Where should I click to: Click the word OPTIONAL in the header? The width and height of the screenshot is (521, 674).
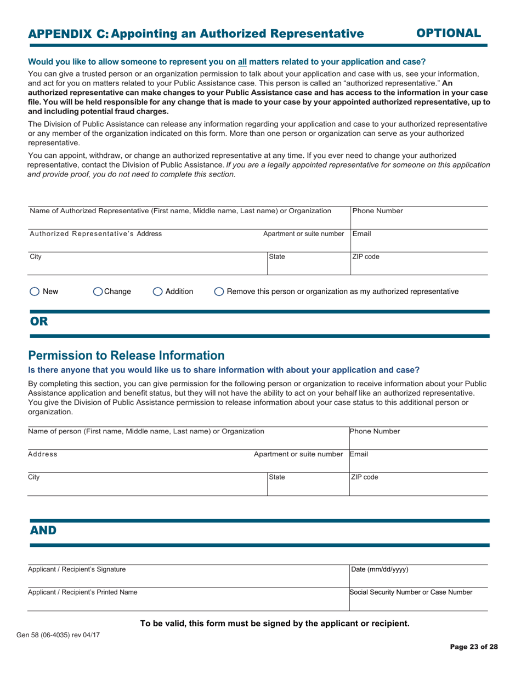pyautogui.click(x=449, y=33)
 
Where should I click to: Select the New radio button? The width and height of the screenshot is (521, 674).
pyautogui.click(x=34, y=292)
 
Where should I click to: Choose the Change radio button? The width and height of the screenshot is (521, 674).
pyautogui.click(x=98, y=292)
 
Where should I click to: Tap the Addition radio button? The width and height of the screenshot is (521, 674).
pyautogui.click(x=157, y=292)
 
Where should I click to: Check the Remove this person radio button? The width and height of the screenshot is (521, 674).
pyautogui.click(x=219, y=292)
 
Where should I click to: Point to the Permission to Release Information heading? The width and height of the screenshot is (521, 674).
pyautogui.click(x=126, y=355)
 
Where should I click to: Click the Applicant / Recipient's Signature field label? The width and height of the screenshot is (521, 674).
pyautogui.click(x=77, y=569)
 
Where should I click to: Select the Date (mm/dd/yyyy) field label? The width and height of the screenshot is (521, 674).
pyautogui.click(x=380, y=569)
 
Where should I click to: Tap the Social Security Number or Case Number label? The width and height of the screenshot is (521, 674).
pyautogui.click(x=411, y=592)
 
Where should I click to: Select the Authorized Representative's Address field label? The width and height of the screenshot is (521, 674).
pyautogui.click(x=95, y=233)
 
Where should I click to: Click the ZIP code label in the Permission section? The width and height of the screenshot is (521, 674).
pyautogui.click(x=364, y=477)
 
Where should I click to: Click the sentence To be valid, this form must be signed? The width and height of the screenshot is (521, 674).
pyautogui.click(x=275, y=623)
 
